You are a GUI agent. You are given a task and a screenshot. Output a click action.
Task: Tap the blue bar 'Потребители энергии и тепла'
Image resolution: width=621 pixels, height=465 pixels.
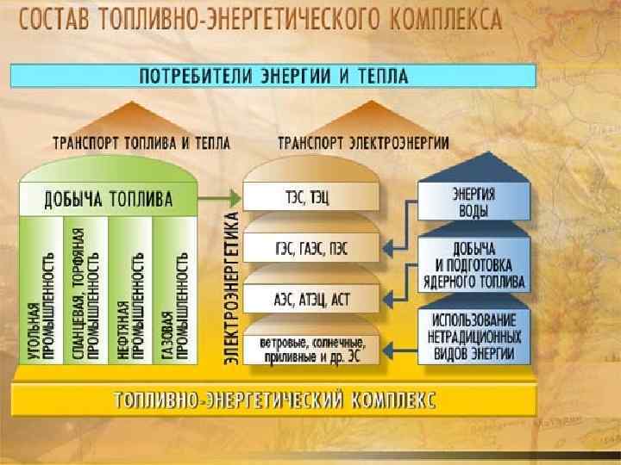pos(273,76)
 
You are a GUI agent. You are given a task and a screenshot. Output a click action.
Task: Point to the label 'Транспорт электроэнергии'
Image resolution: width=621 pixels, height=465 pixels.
pos(363,143)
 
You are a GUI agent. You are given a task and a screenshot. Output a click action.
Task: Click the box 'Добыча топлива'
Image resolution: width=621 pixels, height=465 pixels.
pos(109,200)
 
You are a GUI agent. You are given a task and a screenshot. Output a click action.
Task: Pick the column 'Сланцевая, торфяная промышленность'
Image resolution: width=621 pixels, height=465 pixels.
pos(86,293)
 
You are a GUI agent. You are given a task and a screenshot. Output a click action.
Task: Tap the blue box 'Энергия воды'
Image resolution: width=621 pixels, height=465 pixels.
pos(474,200)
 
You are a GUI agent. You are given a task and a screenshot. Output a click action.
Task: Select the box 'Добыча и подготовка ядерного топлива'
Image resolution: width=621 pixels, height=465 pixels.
pos(474,267)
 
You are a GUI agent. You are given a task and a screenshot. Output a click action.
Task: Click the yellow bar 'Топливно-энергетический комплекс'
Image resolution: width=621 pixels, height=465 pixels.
pos(274,400)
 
